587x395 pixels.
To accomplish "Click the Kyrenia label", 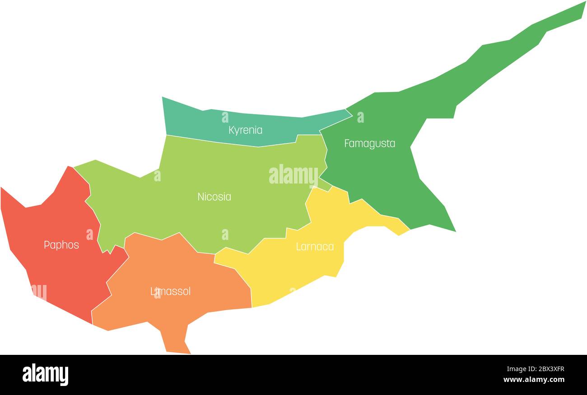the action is (245, 130).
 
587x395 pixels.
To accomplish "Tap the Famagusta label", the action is (369, 143).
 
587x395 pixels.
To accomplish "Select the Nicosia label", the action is (214, 197).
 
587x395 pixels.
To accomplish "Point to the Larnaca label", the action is (315, 247).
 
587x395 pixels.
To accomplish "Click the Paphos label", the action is (61, 245).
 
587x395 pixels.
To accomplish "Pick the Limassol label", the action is (170, 291).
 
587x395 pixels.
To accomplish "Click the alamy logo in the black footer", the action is (46, 375).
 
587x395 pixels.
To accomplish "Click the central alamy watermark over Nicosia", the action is (293, 175).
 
